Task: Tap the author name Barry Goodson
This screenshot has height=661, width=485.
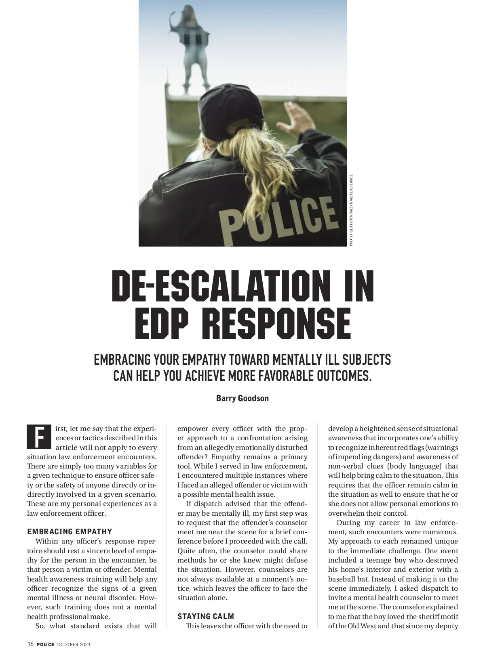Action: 242,398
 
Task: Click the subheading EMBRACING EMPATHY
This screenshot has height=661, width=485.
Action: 70,531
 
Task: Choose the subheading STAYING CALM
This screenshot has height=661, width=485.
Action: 206,616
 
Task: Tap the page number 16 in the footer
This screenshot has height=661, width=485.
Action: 30,644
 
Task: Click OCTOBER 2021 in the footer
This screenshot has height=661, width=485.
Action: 74,644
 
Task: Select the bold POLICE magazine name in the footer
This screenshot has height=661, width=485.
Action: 45,644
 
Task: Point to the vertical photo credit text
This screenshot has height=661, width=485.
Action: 351,210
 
